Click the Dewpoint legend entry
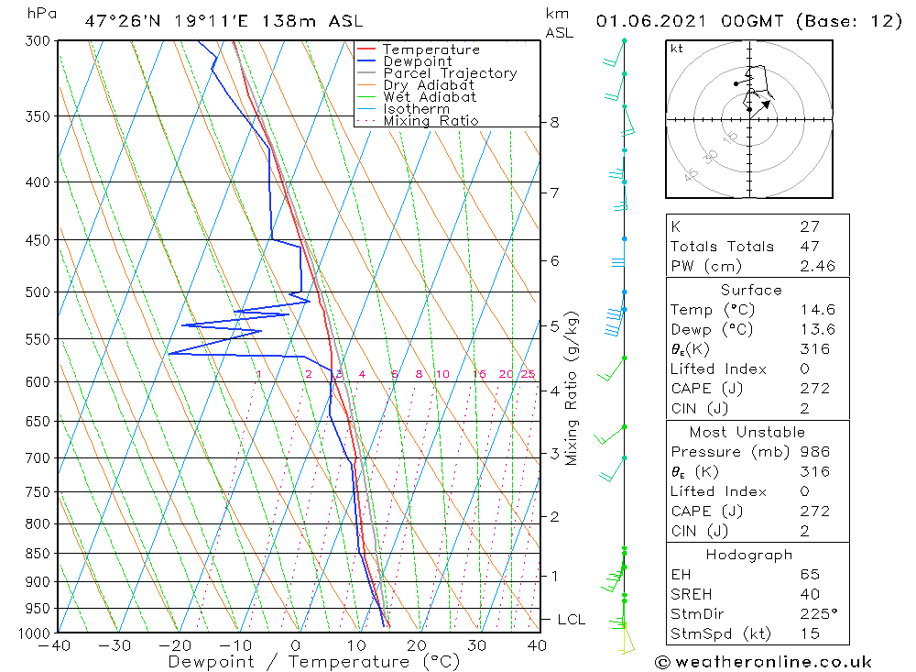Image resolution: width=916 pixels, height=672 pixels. pos(417,61)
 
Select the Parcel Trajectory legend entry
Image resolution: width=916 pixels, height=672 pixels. pos(450,73)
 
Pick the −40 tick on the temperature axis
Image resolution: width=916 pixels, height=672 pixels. pos(56,645)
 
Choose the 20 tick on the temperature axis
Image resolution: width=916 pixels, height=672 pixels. pos(417,645)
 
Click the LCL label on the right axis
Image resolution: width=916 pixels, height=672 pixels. pos(571,620)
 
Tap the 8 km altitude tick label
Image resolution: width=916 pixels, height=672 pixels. pos(555,122)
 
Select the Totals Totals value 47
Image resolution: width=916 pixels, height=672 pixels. pos(809,246)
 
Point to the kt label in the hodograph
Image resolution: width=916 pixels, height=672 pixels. pos(676,49)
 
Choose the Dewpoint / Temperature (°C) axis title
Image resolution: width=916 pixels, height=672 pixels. pos(314,661)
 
